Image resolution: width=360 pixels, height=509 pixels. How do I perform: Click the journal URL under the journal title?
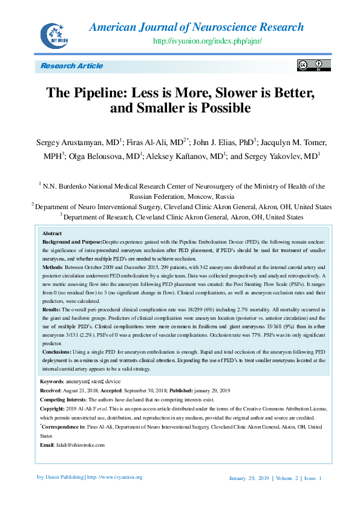(208, 41)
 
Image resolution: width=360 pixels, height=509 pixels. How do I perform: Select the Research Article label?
(71, 66)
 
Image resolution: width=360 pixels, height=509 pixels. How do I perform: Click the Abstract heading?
(52, 233)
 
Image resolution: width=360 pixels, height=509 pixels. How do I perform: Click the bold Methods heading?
(53, 267)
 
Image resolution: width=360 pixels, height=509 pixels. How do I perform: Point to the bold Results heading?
(52, 308)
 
